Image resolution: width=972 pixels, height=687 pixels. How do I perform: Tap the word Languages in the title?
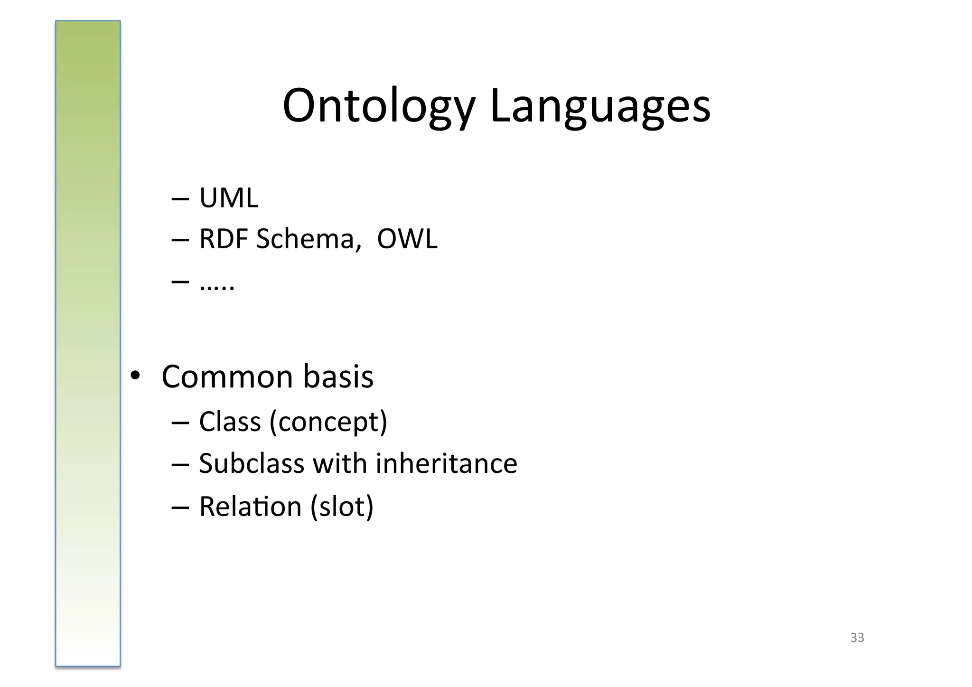tap(600, 106)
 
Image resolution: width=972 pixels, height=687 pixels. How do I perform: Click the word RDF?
tap(224, 238)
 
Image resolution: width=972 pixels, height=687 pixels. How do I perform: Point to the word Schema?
tap(305, 238)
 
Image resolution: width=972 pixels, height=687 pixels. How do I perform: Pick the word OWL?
tap(407, 238)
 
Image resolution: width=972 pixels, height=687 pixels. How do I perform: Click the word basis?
tap(338, 376)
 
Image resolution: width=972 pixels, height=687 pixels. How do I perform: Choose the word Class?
tap(230, 421)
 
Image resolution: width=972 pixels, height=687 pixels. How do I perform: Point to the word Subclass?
tap(252, 463)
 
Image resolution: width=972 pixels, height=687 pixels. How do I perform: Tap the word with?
tap(340, 463)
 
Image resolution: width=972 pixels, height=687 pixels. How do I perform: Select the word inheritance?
tap(446, 463)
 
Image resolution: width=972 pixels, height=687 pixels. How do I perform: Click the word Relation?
tap(250, 506)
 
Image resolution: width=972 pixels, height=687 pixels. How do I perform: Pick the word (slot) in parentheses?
tap(342, 507)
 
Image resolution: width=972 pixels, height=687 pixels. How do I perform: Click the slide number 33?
tap(857, 638)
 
